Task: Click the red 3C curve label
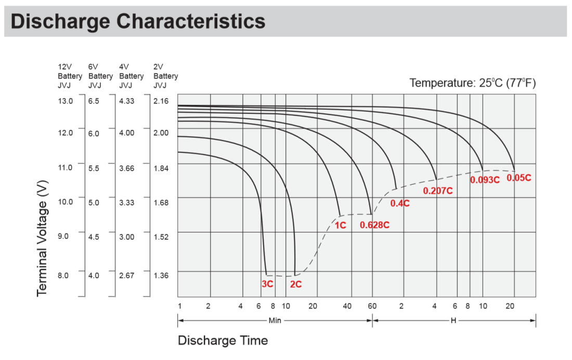[267, 285]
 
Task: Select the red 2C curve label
[296, 285]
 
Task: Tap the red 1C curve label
[340, 225]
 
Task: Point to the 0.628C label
[374, 225]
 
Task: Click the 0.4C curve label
[400, 203]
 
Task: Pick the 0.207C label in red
[438, 191]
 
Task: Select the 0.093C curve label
[485, 180]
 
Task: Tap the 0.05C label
[518, 177]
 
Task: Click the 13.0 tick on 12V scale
[65, 101]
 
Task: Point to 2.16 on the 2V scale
[162, 101]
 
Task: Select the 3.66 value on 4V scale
[126, 168]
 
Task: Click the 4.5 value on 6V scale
[94, 237]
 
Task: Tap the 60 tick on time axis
[372, 306]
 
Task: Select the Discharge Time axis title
[223, 341]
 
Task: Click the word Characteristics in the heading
[191, 21]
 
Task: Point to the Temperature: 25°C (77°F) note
[472, 83]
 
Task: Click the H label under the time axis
[453, 320]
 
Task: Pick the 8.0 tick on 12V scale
[63, 275]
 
